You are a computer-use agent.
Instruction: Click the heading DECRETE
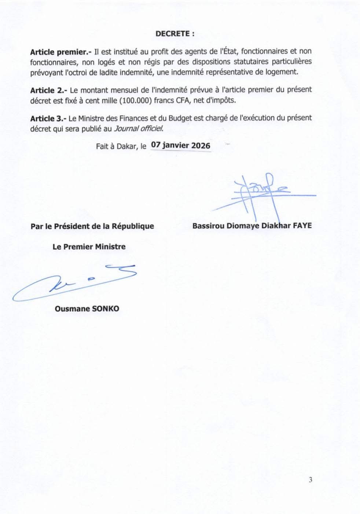pos(175,33)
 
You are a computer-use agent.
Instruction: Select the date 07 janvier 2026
pos(181,145)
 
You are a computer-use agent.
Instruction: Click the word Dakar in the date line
pos(127,146)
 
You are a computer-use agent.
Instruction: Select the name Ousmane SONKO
pos(87,309)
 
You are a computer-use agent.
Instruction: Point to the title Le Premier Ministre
pos(89,247)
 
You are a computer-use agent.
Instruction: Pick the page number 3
pos(311,480)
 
